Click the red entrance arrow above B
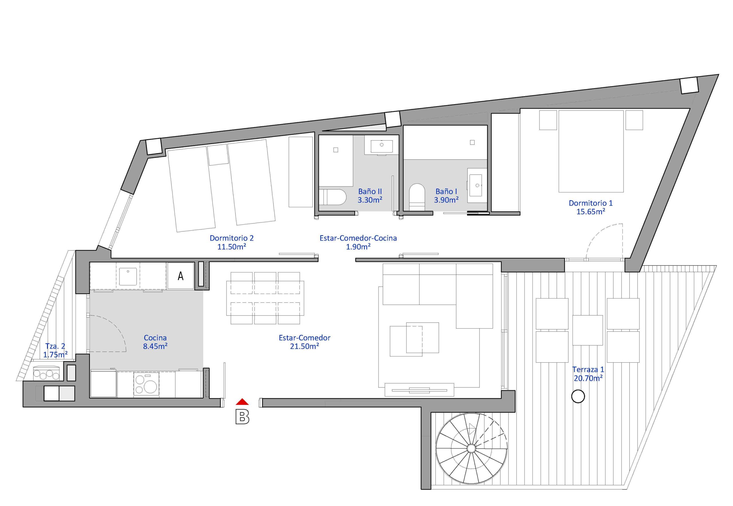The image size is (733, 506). coord(242,402)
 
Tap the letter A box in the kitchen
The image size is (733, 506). coord(180,276)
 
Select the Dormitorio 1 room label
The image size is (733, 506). coord(591,203)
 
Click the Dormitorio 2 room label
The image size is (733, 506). coord(232,238)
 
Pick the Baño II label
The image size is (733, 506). coord(370,191)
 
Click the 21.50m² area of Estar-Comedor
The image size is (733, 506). coord(304,346)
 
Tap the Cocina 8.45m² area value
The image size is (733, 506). coord(155,346)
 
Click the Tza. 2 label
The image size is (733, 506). coord(55,346)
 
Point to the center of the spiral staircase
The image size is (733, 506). coord(471,448)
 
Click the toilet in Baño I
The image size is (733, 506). coord(417,197)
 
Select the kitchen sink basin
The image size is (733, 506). coord(128,276)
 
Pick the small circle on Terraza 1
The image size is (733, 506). coord(578,396)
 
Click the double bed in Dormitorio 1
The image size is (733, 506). coord(591,151)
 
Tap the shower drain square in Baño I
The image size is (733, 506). coord(472,142)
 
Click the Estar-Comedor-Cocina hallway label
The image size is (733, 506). coord(358,238)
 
